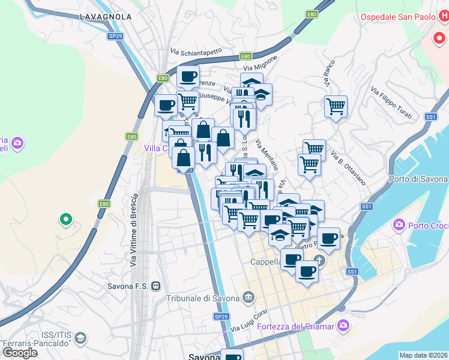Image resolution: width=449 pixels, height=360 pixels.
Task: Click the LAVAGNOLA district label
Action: pyautogui.click(x=105, y=17)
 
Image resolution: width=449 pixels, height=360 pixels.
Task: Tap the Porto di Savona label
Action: pyautogui.click(x=418, y=179)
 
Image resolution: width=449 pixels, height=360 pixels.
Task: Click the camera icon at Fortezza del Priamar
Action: pyautogui.click(x=343, y=326)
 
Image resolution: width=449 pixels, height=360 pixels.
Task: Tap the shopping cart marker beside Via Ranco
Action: pyautogui.click(x=336, y=107)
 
